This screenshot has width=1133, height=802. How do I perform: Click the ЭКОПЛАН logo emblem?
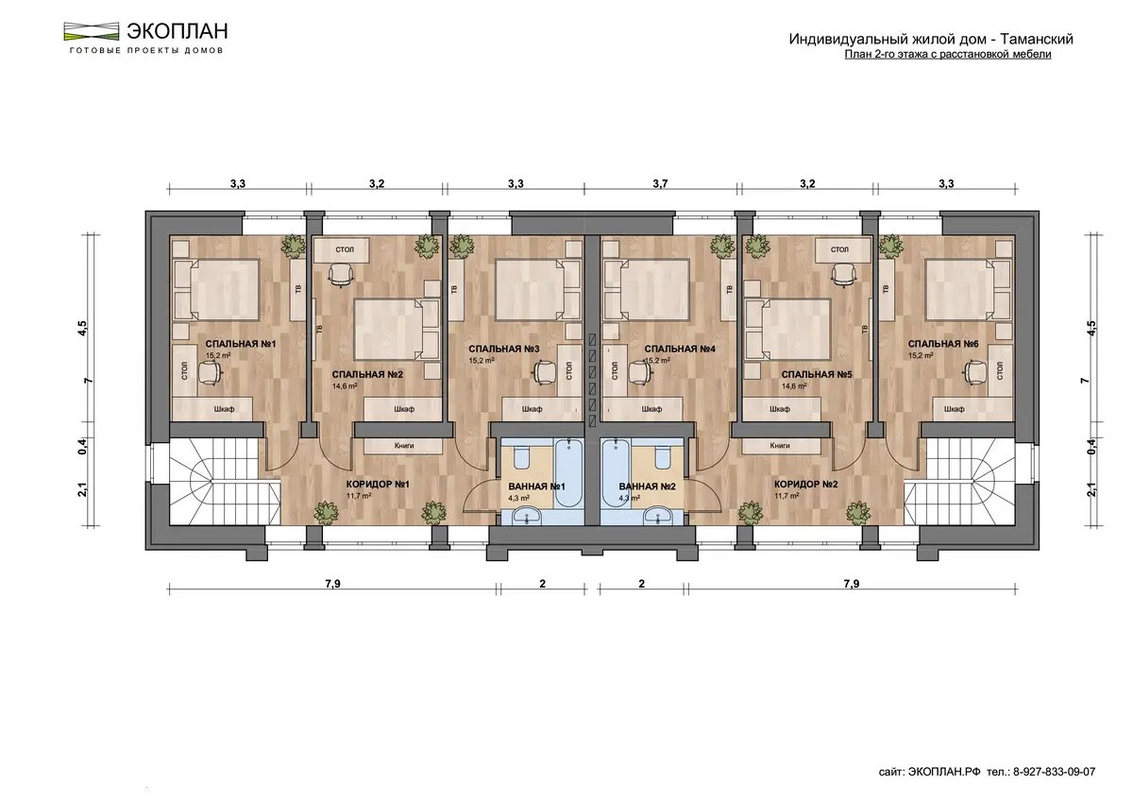91,31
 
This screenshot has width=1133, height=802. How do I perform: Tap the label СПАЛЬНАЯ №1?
241,344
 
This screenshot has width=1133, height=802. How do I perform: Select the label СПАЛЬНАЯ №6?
943,344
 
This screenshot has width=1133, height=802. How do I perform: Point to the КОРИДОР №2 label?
805,485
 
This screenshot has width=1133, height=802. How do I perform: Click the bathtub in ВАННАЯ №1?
569,473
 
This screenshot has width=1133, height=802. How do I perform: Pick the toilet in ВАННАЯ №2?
662,457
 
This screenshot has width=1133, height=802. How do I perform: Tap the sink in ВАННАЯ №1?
527,517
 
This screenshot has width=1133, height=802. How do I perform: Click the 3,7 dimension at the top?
660,183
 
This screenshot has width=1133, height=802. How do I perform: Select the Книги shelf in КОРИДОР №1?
403,446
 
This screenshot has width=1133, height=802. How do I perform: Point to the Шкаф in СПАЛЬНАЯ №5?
780,409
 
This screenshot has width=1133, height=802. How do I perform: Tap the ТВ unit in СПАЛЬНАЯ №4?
729,290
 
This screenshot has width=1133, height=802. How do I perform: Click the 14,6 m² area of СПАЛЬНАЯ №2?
345,386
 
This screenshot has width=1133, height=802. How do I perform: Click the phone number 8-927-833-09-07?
1054,772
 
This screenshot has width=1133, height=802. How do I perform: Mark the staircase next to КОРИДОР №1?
225,481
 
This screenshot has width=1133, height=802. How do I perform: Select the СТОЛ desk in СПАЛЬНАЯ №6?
1000,371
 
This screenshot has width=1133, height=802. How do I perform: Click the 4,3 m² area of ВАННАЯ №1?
519,499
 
